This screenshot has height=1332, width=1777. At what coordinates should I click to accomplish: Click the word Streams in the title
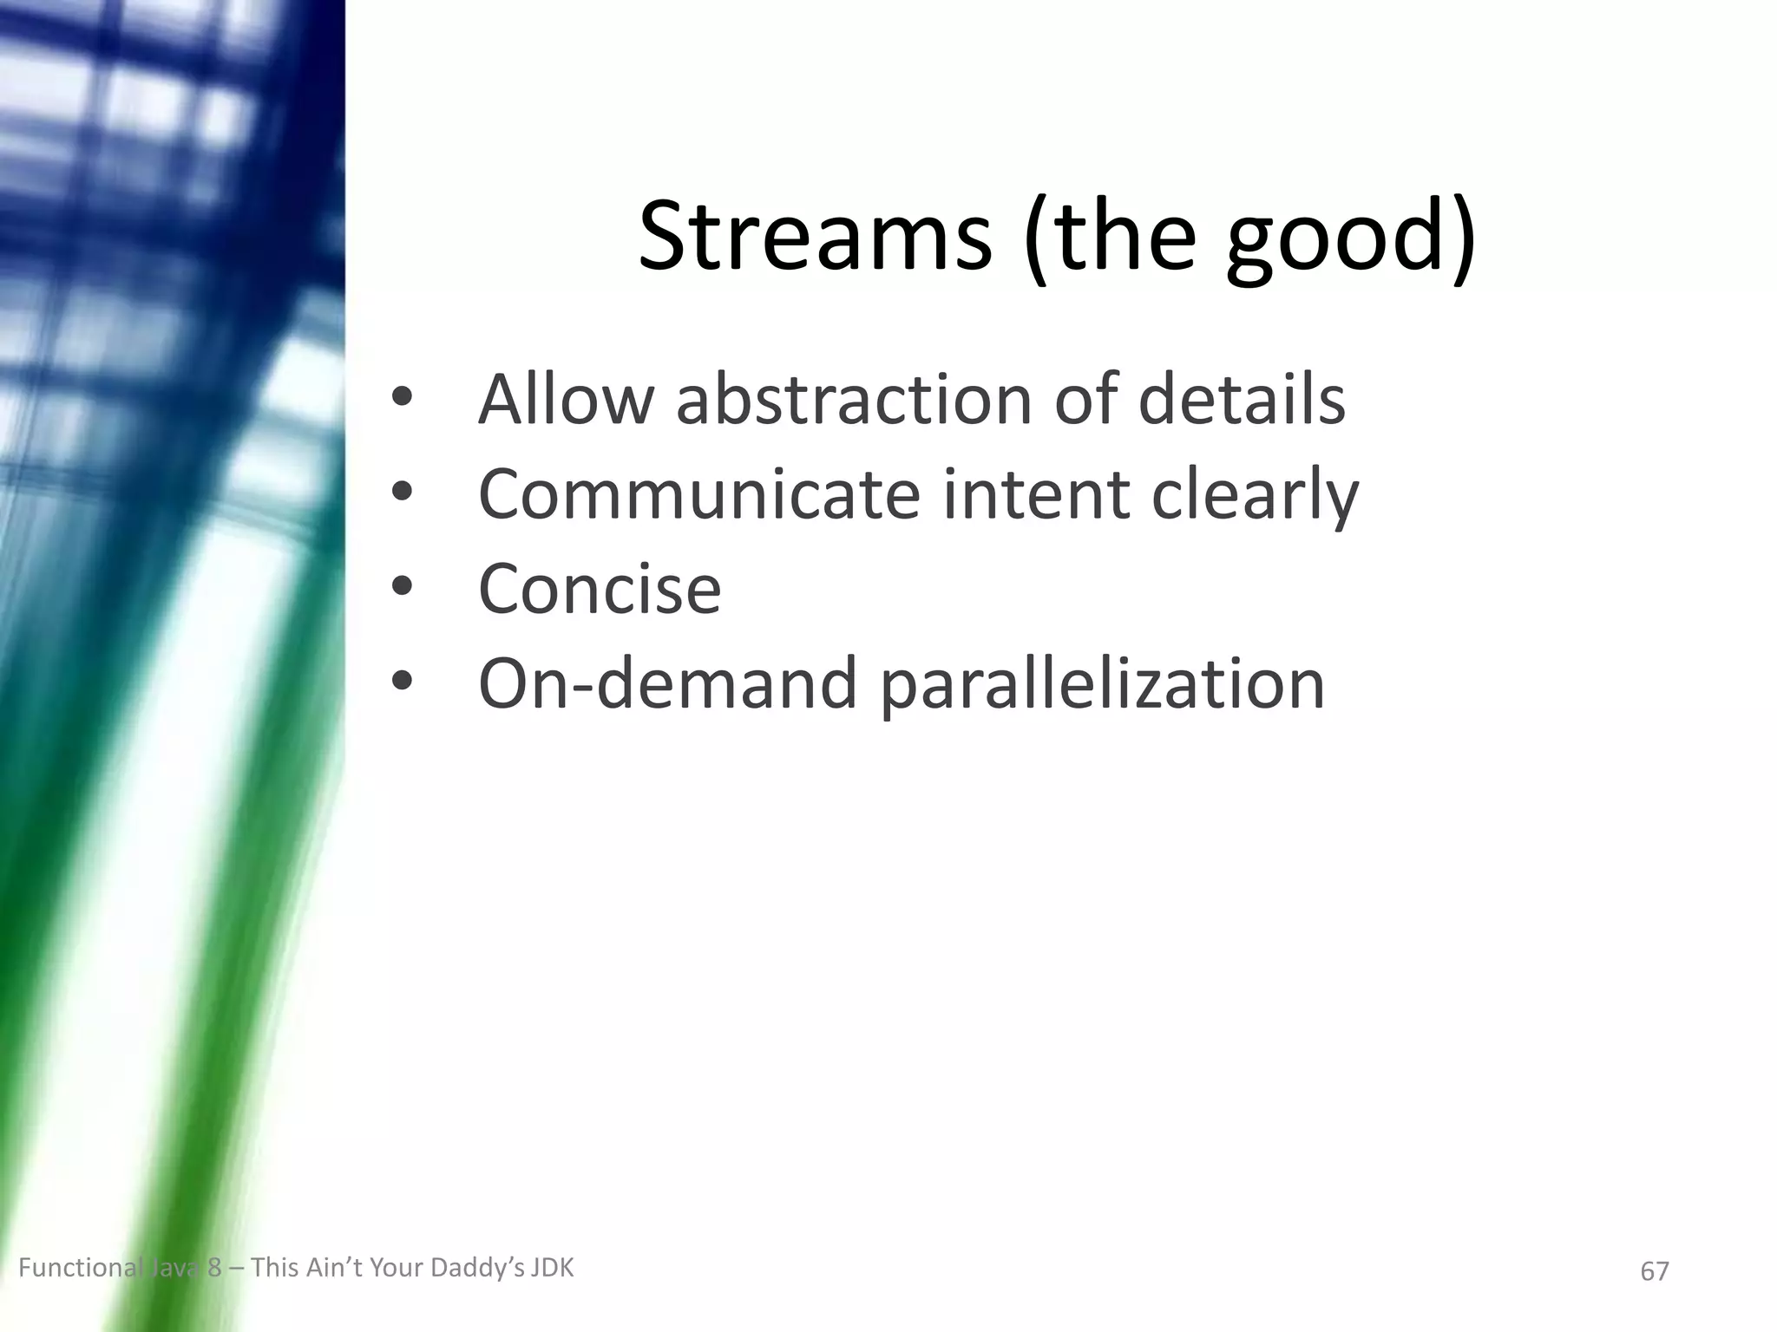pos(814,236)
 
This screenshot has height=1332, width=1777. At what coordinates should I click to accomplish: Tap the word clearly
pos(1255,497)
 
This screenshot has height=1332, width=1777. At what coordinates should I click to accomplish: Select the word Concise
pos(600,589)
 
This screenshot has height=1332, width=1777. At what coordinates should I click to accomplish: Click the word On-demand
pos(668,684)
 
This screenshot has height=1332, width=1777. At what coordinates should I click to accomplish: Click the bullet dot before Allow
pos(401,399)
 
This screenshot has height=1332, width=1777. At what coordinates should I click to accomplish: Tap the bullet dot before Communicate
pos(401,493)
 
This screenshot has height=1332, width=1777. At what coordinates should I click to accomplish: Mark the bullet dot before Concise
pos(401,588)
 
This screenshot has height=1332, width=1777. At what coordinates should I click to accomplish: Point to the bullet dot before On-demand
pos(401,683)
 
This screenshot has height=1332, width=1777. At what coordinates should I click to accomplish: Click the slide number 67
pos(1654,1271)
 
